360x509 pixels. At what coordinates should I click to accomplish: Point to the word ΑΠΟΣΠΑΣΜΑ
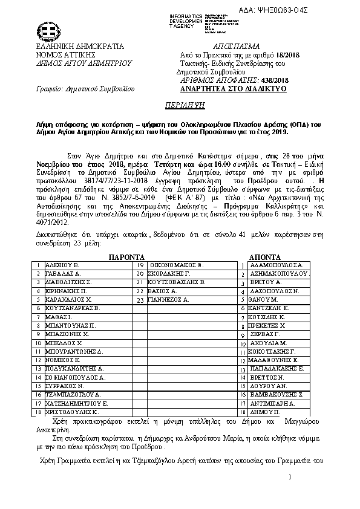237,47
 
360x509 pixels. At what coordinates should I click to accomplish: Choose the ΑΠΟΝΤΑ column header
264,256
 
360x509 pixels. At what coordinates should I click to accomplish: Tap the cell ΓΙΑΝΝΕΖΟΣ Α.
170,299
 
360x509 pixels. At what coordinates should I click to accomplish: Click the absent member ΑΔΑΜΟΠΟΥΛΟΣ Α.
279,265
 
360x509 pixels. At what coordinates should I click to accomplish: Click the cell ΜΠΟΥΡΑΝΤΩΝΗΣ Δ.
74,351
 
